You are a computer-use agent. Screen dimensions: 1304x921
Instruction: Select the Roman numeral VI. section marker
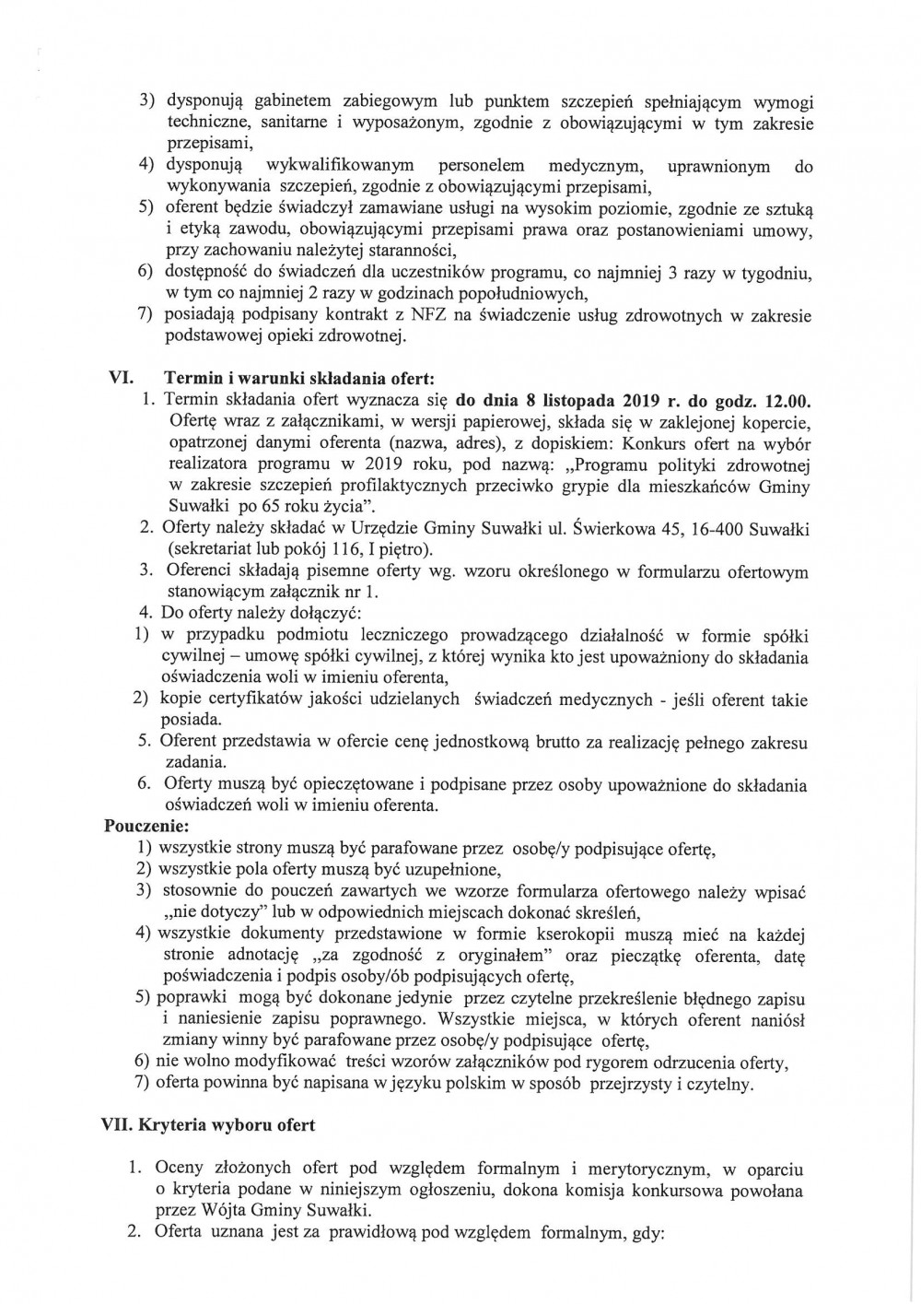[x=122, y=378]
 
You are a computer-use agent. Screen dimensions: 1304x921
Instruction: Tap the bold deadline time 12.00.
[x=789, y=401]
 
